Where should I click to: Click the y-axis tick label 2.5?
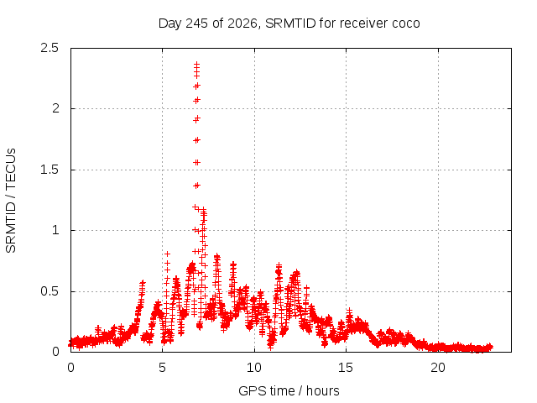pos(50,48)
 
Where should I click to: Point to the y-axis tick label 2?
pos(55,108)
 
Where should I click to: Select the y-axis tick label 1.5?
pos(50,170)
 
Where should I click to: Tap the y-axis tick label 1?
pos(56,230)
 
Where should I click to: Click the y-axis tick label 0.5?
pos(50,291)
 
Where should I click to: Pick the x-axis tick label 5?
pos(162,368)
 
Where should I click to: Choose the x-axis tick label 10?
pos(254,368)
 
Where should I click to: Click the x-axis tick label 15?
pos(346,368)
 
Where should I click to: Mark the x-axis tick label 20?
pos(438,368)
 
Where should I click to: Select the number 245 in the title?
pos(196,24)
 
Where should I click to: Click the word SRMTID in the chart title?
pos(290,24)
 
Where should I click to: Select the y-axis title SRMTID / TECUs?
pos(11,201)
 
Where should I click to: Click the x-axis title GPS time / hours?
pos(289,390)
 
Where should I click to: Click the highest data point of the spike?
pos(196,64)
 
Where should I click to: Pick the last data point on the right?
pos(490,347)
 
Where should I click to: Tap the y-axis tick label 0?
pos(55,352)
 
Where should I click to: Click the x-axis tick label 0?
pos(70,368)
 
